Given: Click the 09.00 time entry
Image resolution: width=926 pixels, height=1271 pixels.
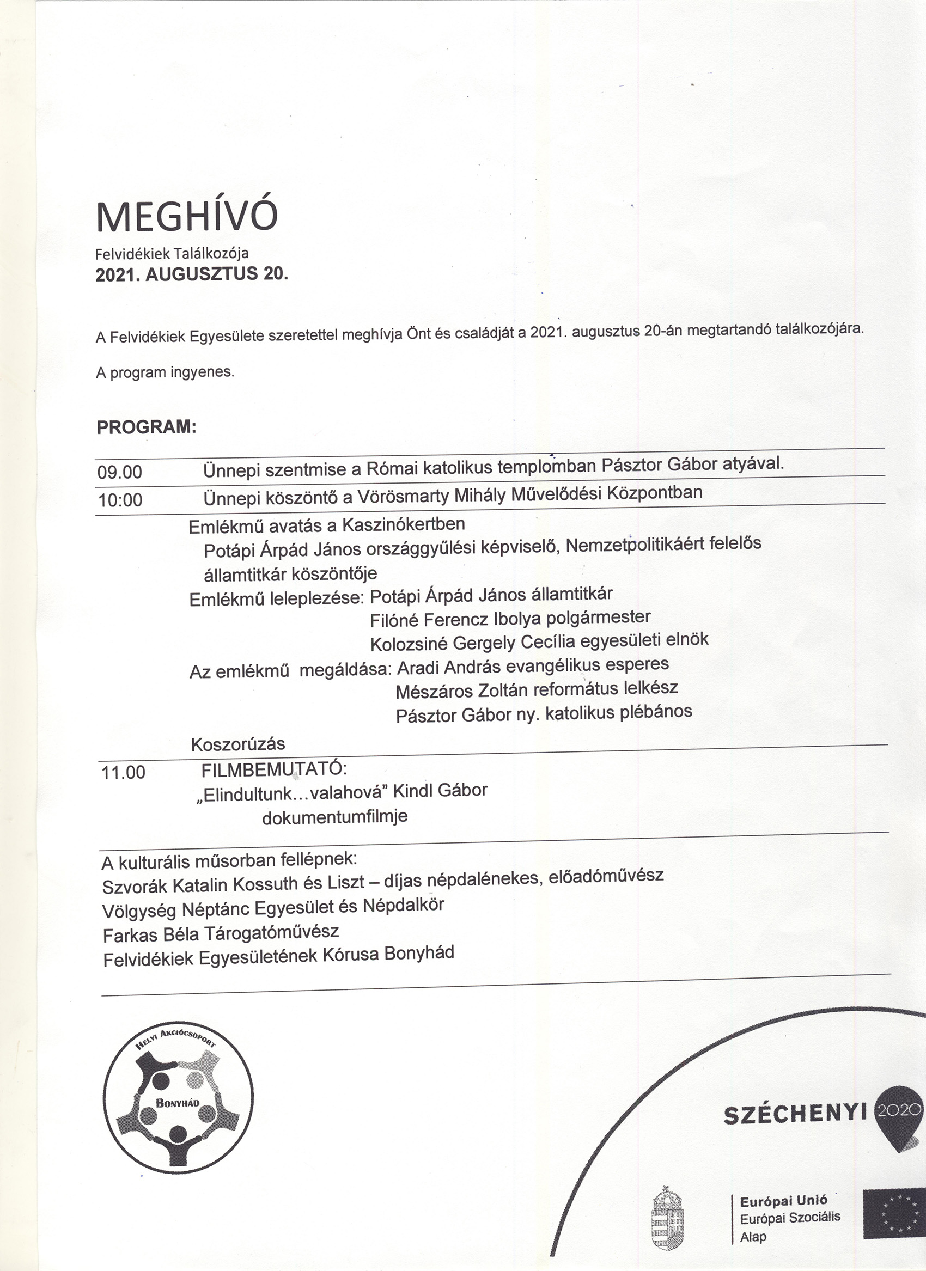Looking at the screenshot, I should click(120, 472).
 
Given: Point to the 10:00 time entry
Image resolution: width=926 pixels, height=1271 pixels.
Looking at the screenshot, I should click(120, 499).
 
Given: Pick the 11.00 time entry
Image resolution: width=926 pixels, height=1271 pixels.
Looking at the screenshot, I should click(123, 773).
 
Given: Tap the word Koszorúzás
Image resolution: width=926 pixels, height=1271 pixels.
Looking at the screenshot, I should click(237, 744).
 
